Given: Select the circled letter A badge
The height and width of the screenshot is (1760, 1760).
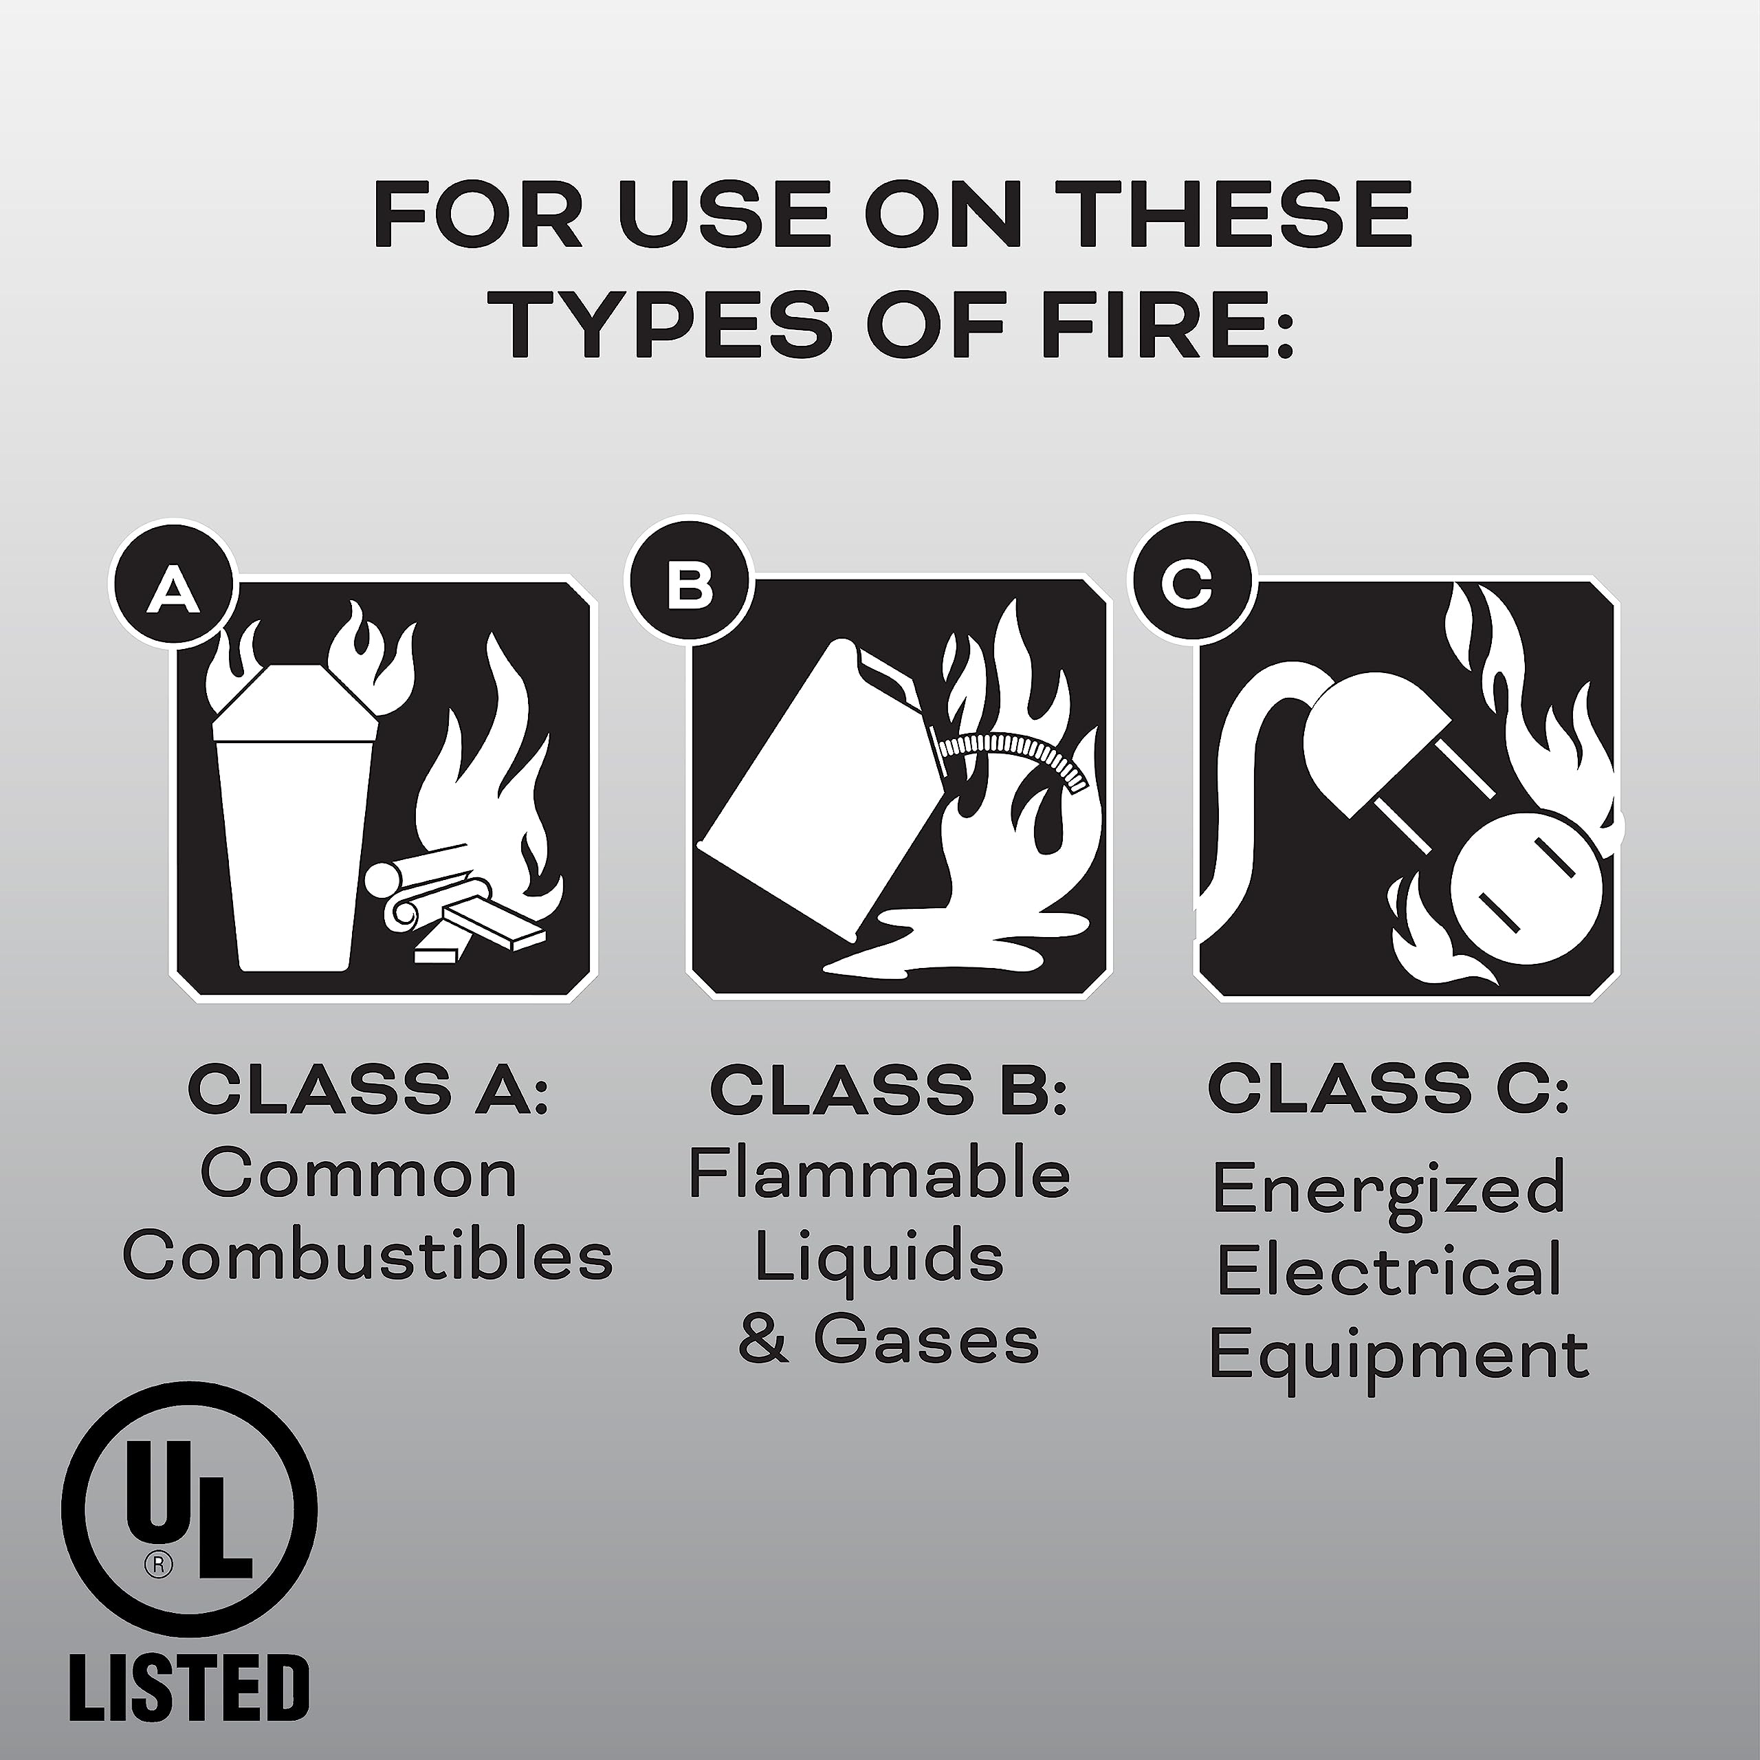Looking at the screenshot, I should (175, 588).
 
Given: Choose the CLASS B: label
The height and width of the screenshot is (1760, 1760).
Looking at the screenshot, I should (888, 1090).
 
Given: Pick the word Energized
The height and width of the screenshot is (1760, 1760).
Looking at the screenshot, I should (1388, 1189).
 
